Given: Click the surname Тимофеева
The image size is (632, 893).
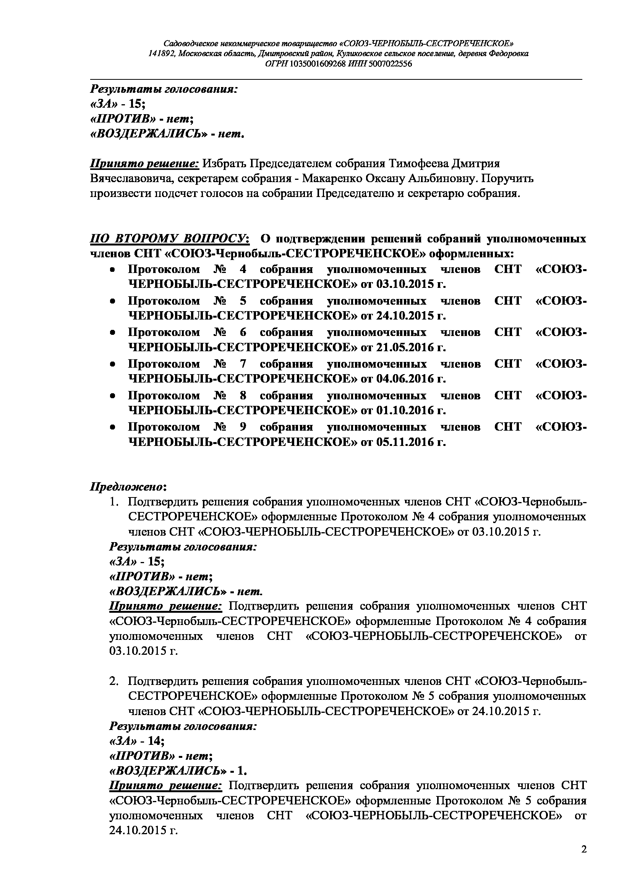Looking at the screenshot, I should (x=420, y=163).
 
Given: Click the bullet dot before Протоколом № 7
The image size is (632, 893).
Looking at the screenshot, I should (x=112, y=365).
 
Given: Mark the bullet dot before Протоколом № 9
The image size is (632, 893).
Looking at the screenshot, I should (x=112, y=428).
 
